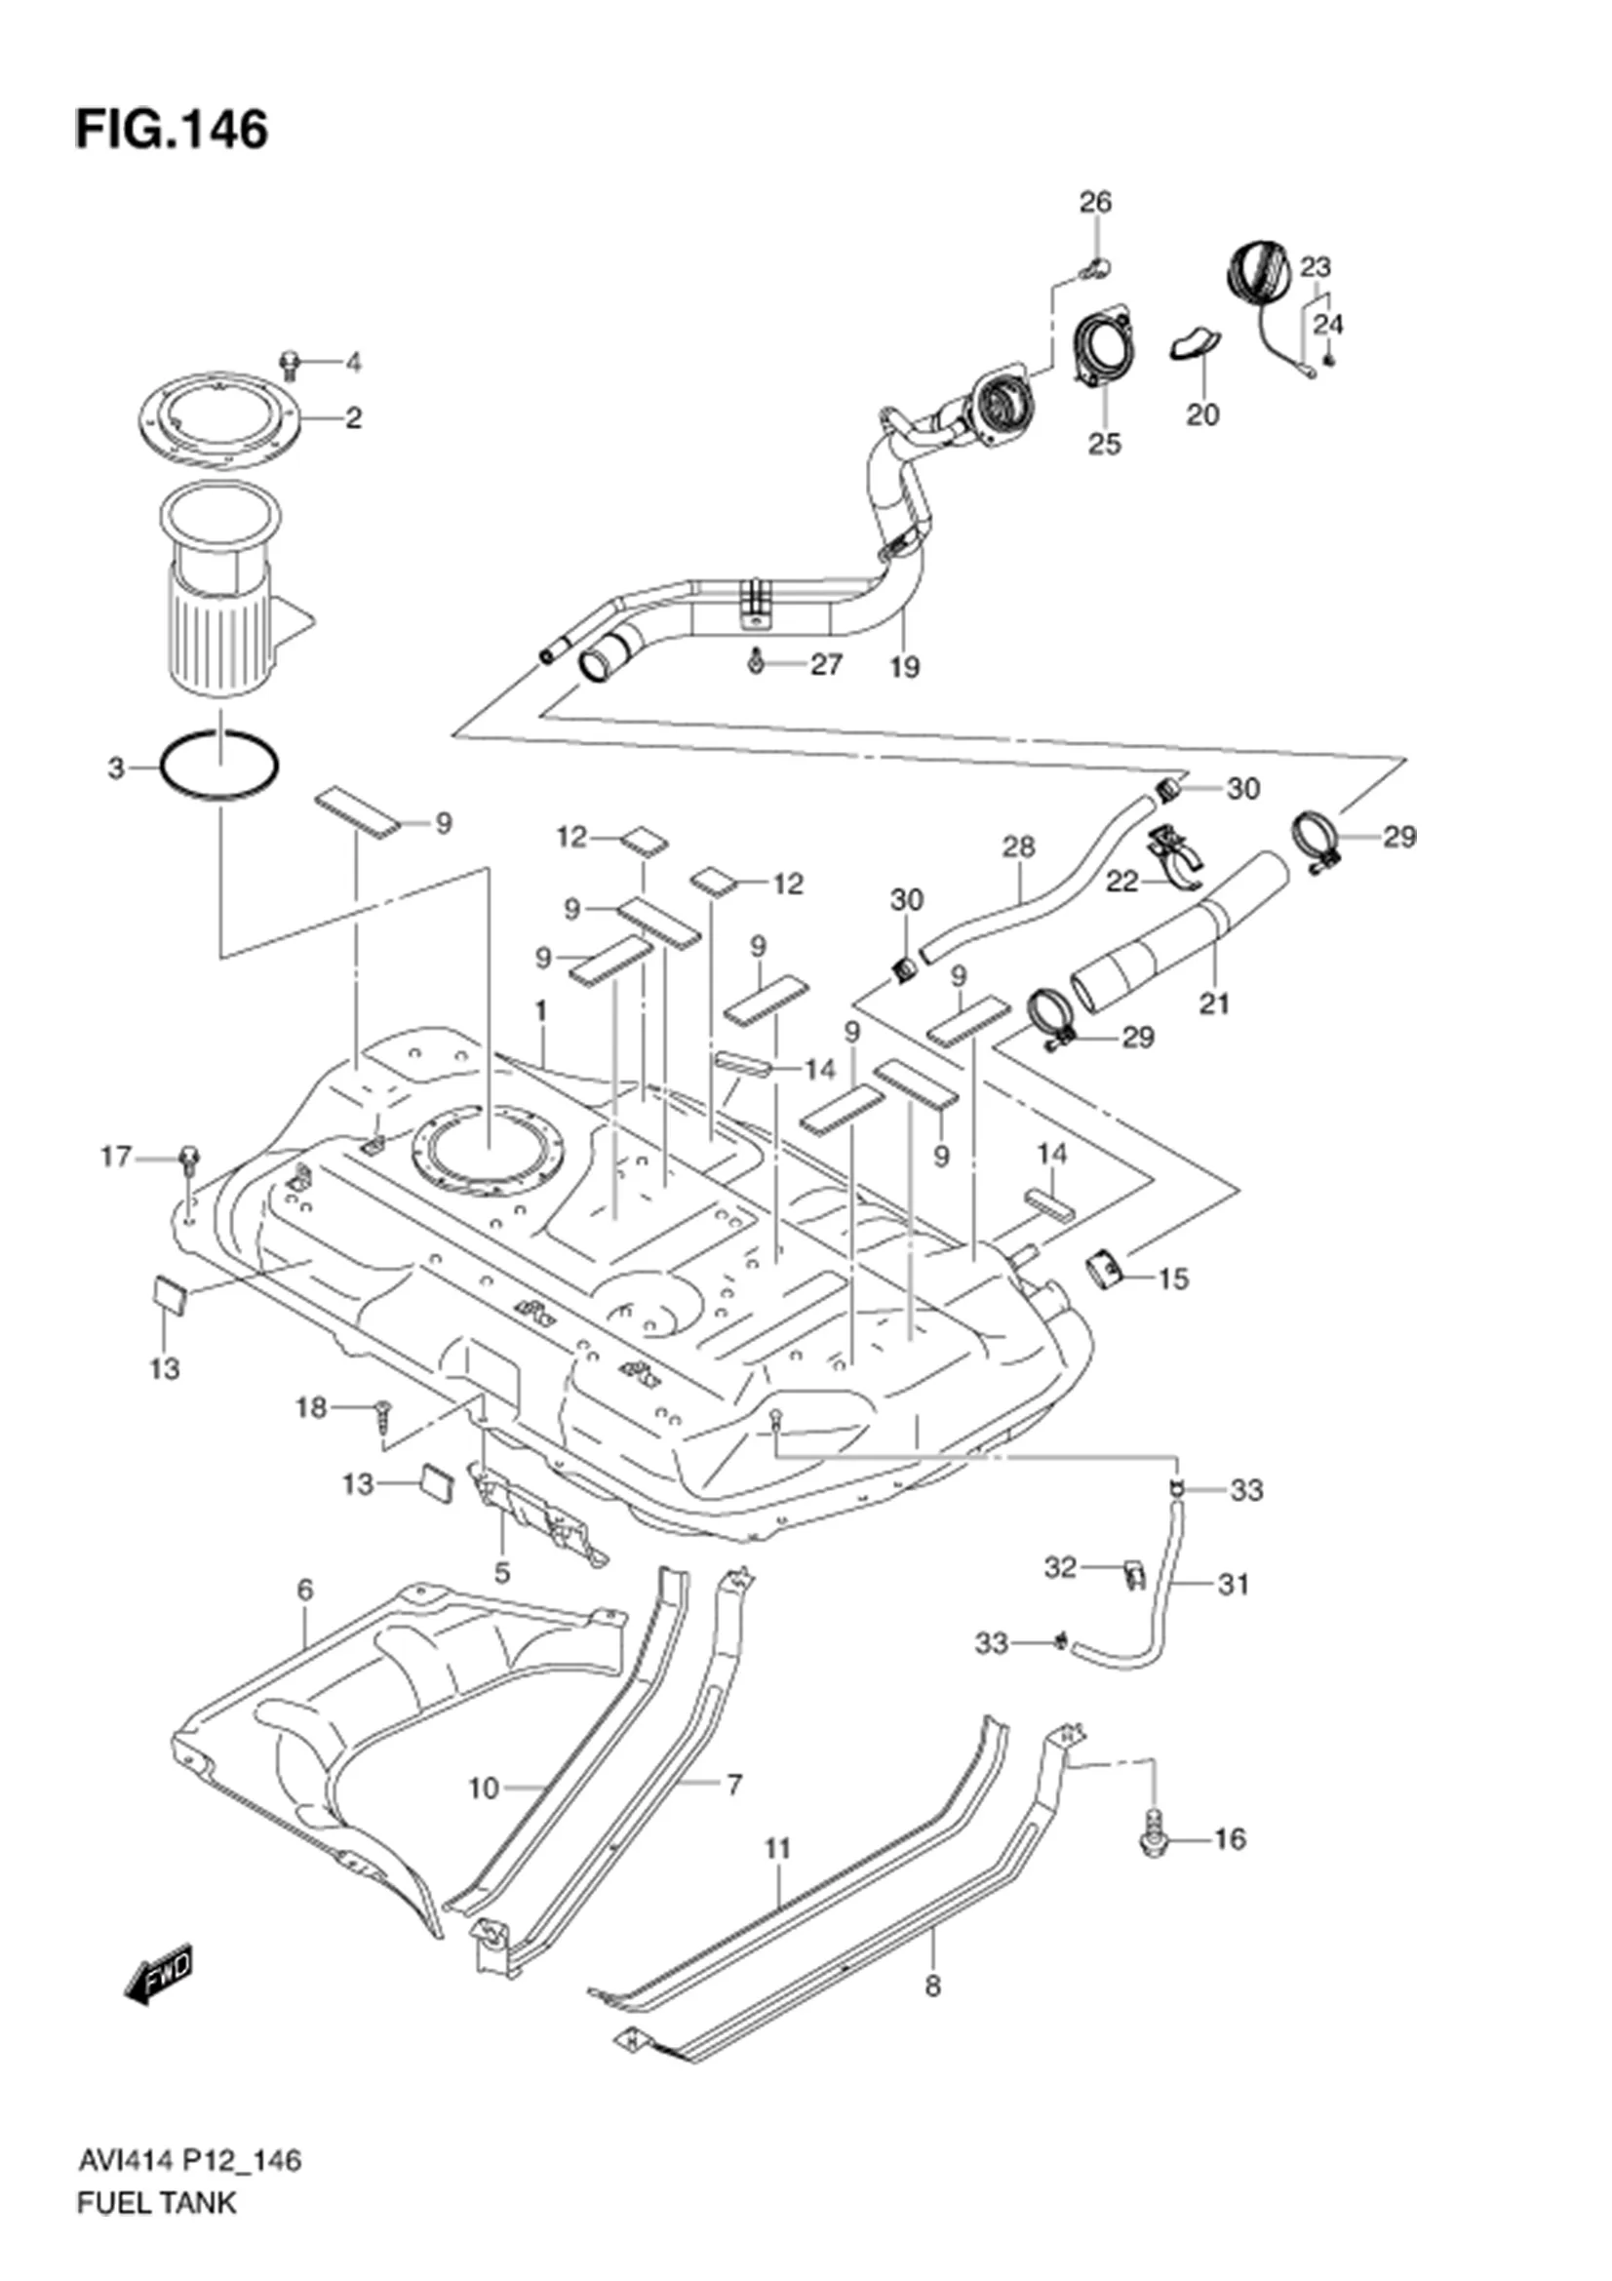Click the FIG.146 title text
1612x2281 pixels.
[x=171, y=129]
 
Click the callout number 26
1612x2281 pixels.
[x=1095, y=202]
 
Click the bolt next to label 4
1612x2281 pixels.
[x=290, y=364]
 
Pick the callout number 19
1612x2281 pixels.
[x=905, y=668]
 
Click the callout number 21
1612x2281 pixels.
[x=1214, y=1004]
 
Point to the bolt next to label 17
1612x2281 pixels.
[x=189, y=1158]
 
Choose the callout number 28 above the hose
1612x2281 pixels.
[x=1019, y=846]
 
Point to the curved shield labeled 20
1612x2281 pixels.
[x=1193, y=342]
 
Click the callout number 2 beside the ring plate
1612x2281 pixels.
[x=353, y=418]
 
